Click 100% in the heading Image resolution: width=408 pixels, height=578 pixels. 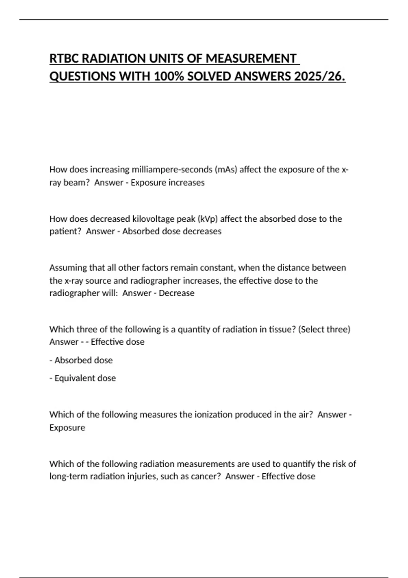pos(168,76)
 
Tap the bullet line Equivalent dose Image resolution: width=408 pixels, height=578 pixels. pos(85,378)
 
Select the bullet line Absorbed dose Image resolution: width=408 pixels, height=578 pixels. pos(83,360)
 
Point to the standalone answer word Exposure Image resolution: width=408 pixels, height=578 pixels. pos(67,427)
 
